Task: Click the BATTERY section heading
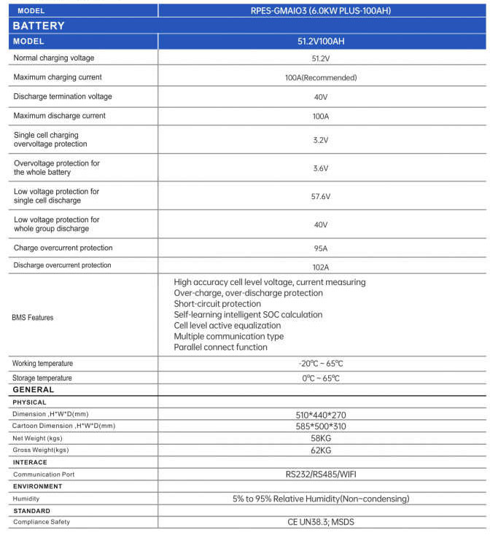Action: (x=39, y=26)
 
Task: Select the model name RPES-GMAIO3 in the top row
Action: (x=321, y=11)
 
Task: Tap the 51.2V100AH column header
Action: (x=321, y=42)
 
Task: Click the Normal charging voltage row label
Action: (x=54, y=58)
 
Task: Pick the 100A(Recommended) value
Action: (x=321, y=77)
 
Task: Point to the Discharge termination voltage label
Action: (x=63, y=96)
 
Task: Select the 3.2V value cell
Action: (x=321, y=140)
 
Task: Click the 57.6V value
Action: (x=321, y=196)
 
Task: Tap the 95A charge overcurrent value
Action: (x=321, y=249)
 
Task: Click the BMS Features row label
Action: (x=33, y=317)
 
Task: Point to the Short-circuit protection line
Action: (x=217, y=304)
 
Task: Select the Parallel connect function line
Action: (x=221, y=348)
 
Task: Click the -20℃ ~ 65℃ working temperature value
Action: (x=321, y=364)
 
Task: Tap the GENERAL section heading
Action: (x=34, y=390)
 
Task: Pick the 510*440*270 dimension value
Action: (x=321, y=414)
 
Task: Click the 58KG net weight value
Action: (x=321, y=438)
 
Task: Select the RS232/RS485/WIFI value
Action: (x=321, y=475)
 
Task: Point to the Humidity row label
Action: (x=26, y=499)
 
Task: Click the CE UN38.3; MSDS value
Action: (x=321, y=522)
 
